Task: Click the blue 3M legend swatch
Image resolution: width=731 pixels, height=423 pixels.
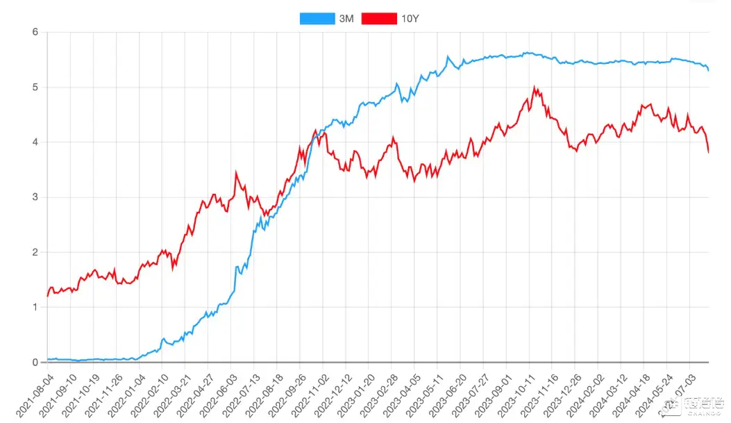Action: [x=316, y=19]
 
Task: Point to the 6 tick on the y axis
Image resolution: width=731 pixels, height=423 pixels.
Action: [x=34, y=32]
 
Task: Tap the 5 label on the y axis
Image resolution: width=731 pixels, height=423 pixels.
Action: [x=34, y=87]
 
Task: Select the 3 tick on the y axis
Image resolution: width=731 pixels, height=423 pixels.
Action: [x=34, y=197]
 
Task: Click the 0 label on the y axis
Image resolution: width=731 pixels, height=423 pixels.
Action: [x=34, y=363]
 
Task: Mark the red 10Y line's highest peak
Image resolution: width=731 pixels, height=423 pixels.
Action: [x=534, y=88]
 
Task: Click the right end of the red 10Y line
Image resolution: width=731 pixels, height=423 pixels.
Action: [x=708, y=152]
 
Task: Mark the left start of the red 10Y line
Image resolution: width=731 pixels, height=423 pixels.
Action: [x=47, y=296]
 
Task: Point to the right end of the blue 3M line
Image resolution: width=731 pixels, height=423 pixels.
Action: [x=708, y=70]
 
